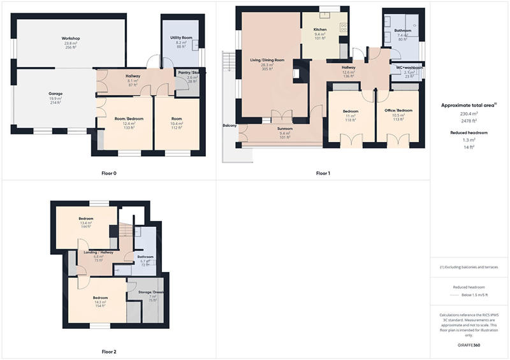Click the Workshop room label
click(70, 39)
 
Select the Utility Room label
click(181, 38)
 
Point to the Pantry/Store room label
click(192, 73)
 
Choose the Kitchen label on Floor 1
click(320, 29)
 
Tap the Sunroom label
click(284, 129)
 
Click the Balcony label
click(229, 126)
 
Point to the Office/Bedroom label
click(399, 110)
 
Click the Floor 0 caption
click(109, 173)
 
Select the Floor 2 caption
click(109, 351)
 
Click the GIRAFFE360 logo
click(469, 344)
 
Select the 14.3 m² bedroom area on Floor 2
click(99, 302)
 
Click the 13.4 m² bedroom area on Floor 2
click(87, 223)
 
